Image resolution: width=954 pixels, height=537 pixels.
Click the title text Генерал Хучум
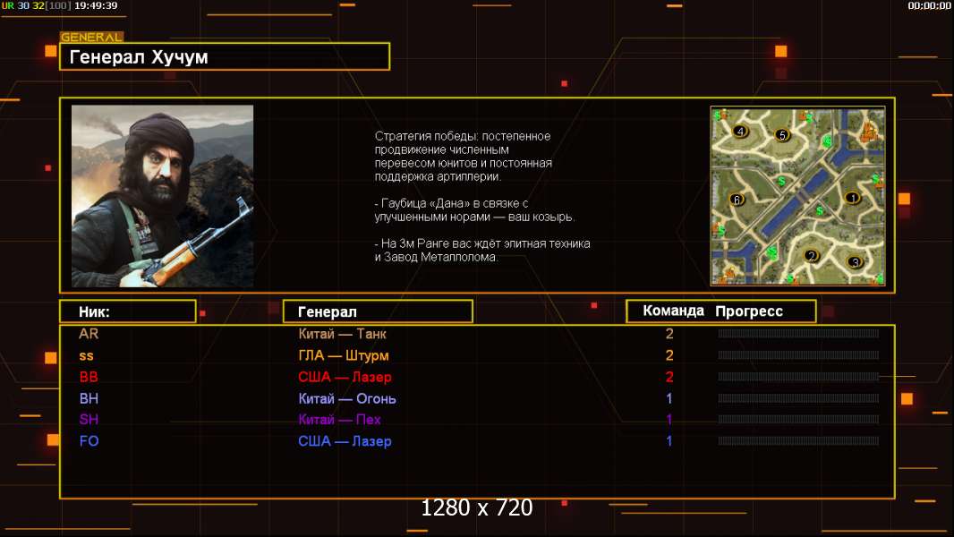pos(139,57)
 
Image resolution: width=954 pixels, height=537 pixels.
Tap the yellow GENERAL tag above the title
pos(92,37)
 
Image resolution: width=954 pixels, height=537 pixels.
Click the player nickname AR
pos(89,334)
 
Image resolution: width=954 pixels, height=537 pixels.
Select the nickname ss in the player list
pos(87,356)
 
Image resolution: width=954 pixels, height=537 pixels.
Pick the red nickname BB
pos(89,377)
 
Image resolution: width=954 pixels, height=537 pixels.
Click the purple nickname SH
pos(89,420)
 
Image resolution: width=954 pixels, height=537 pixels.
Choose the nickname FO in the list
pos(89,441)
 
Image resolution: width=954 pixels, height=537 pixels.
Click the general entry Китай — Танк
pos(342,334)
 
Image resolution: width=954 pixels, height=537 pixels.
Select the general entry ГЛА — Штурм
pos(343,356)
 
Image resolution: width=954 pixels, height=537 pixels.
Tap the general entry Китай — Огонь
pos(347,399)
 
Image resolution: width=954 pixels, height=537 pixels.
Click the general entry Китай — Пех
pos(339,420)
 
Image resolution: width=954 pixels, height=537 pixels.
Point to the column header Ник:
pos(94,312)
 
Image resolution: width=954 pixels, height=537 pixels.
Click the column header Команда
pos(674,311)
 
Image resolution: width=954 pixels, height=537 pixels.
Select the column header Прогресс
pos(749,311)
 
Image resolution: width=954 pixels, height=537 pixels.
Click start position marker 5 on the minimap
pos(782,135)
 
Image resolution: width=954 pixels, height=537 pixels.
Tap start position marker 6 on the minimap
pos(737,199)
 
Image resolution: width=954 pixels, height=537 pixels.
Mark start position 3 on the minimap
pos(855,262)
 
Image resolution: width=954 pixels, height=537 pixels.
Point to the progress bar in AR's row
pos(798,333)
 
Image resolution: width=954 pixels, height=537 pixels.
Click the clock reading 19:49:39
pos(96,5)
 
